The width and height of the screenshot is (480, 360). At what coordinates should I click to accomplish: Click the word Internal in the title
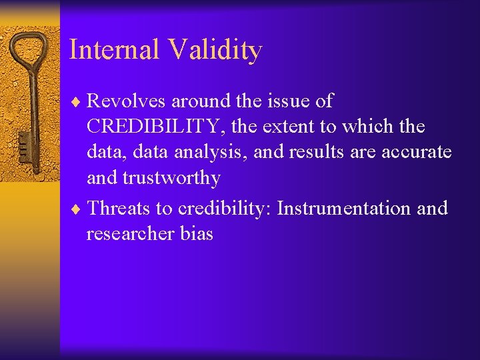(x=114, y=50)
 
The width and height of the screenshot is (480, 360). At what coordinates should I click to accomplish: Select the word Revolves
(x=126, y=101)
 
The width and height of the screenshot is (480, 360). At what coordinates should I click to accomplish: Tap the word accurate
(x=416, y=153)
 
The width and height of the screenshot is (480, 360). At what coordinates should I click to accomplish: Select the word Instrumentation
(x=344, y=209)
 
